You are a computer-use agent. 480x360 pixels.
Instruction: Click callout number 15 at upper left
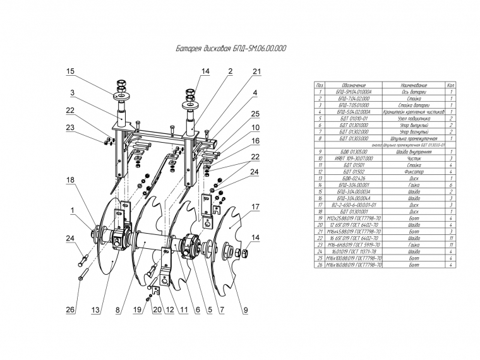71,71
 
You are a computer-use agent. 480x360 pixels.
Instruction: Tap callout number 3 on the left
73,93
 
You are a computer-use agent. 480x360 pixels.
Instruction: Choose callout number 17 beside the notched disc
256,207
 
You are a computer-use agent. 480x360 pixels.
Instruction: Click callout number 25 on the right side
255,114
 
